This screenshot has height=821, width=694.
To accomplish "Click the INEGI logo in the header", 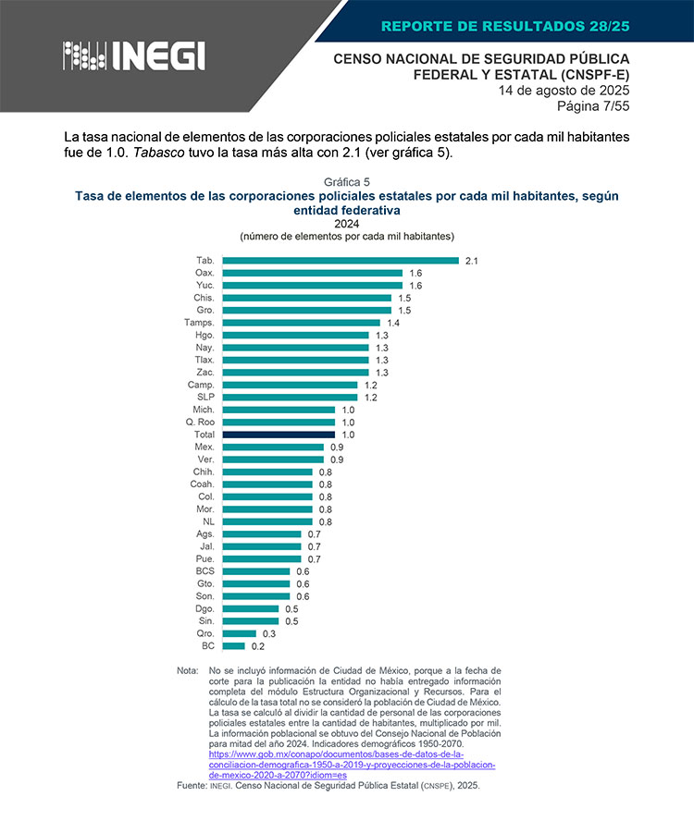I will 133,56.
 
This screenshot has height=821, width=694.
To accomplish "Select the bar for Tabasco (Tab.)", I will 341,261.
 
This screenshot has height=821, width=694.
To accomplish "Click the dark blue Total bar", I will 279,435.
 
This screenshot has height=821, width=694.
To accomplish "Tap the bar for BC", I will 233,646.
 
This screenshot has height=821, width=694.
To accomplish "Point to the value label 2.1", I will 471,261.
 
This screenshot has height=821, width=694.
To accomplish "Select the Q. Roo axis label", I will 200,422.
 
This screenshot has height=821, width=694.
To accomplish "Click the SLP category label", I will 205,397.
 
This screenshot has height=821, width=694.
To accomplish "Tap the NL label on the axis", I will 208,521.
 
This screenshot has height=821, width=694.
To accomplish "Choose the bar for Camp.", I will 290,385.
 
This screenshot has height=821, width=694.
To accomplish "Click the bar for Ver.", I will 273,460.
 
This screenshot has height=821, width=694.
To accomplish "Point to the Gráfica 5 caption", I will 347,181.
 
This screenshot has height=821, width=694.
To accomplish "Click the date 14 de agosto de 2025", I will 564,91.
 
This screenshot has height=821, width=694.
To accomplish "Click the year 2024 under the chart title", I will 347,224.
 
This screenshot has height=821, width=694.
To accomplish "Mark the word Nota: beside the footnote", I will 188,670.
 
